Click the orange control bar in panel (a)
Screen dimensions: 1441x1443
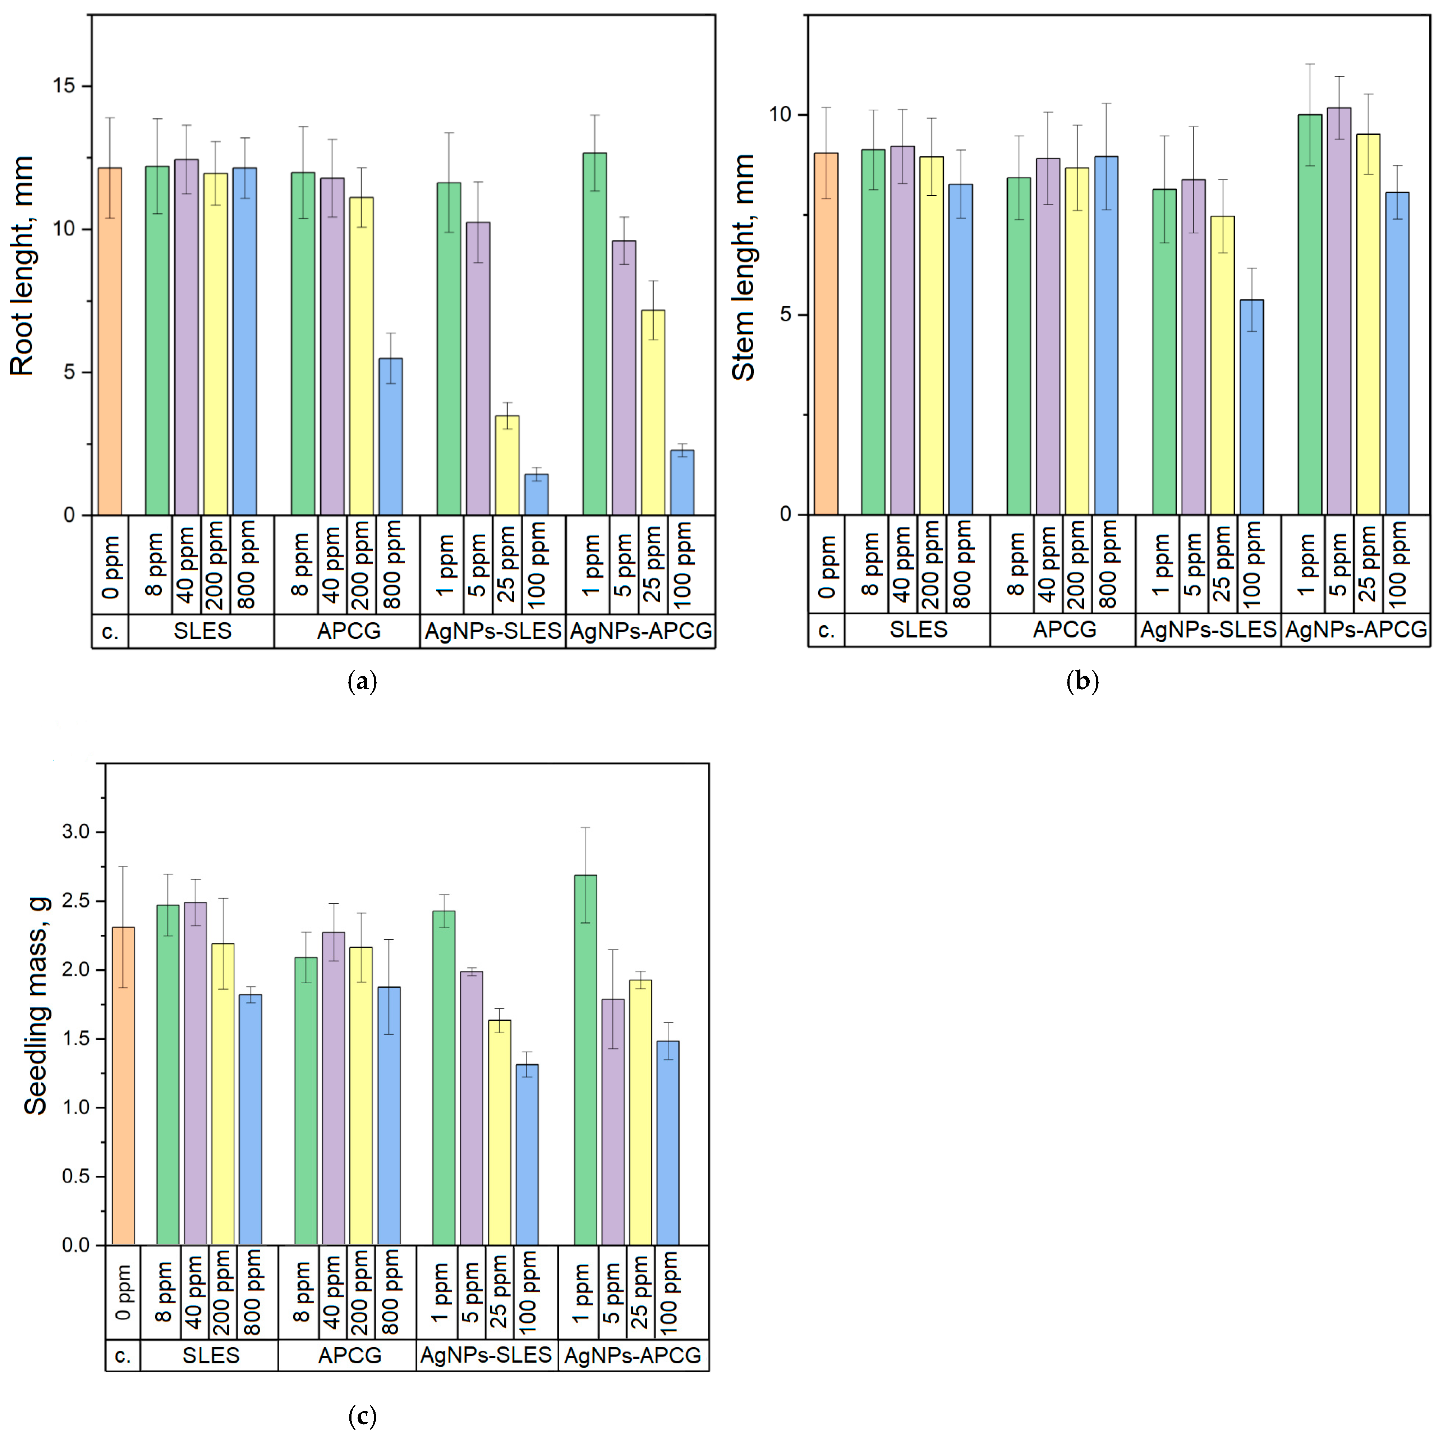(110, 344)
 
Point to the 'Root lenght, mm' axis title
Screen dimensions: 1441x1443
(22, 265)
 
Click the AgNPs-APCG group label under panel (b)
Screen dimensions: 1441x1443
(1356, 630)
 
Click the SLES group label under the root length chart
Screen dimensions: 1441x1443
(202, 631)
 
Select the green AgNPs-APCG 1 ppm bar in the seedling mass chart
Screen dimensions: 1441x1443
(585, 1061)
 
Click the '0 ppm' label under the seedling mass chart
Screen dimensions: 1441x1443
(123, 1293)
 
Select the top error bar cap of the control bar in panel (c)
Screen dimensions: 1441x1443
(123, 866)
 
